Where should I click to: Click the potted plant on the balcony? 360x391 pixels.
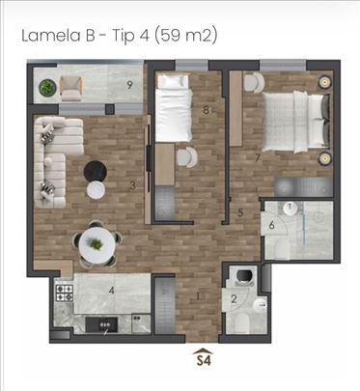tap(47, 87)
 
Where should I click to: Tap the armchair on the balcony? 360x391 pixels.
tap(71, 88)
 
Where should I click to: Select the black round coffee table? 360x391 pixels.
tap(96, 172)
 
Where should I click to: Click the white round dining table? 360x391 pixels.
tap(97, 244)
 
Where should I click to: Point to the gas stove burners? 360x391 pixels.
tap(65, 293)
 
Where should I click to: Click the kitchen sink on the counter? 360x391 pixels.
tap(101, 324)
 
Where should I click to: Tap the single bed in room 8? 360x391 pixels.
tap(174, 108)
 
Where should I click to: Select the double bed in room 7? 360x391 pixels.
tap(295, 122)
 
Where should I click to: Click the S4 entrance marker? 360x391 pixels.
tap(204, 357)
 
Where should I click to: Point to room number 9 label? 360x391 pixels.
tap(129, 85)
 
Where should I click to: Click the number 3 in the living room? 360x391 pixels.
tap(132, 185)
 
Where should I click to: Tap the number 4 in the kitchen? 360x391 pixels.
tap(111, 291)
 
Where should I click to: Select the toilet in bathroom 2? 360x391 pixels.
tap(241, 323)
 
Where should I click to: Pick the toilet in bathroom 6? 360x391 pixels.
tap(283, 249)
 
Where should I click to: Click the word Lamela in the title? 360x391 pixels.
tap(51, 36)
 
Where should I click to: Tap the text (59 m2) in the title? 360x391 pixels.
tap(185, 36)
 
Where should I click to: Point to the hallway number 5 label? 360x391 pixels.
tap(240, 212)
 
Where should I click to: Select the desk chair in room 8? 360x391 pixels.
tap(186, 157)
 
